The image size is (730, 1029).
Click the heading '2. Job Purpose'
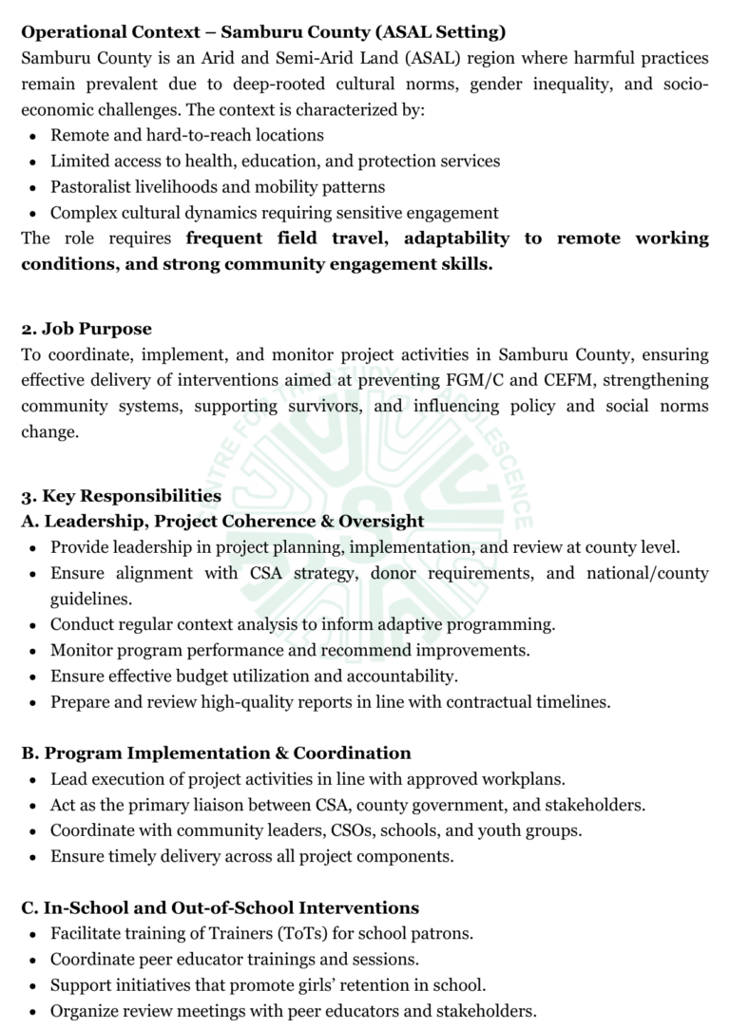(86, 329)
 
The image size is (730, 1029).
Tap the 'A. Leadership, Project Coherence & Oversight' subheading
(222, 521)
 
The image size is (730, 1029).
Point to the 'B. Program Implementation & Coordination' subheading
(216, 753)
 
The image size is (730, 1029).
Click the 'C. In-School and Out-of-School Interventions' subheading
(220, 907)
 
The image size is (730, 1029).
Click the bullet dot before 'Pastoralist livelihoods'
(32, 188)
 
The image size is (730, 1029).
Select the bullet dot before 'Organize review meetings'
(32, 1011)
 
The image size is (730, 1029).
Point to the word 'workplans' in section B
(528, 778)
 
